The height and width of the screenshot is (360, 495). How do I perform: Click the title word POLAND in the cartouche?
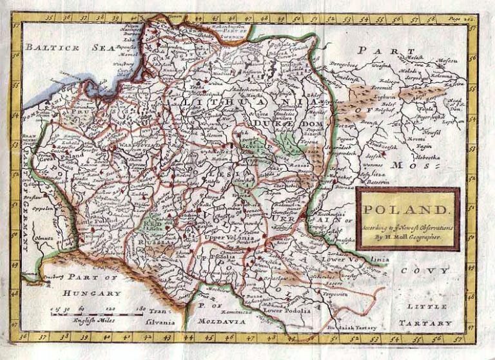tap(407, 210)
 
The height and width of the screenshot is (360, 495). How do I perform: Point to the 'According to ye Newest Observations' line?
tap(407, 227)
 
